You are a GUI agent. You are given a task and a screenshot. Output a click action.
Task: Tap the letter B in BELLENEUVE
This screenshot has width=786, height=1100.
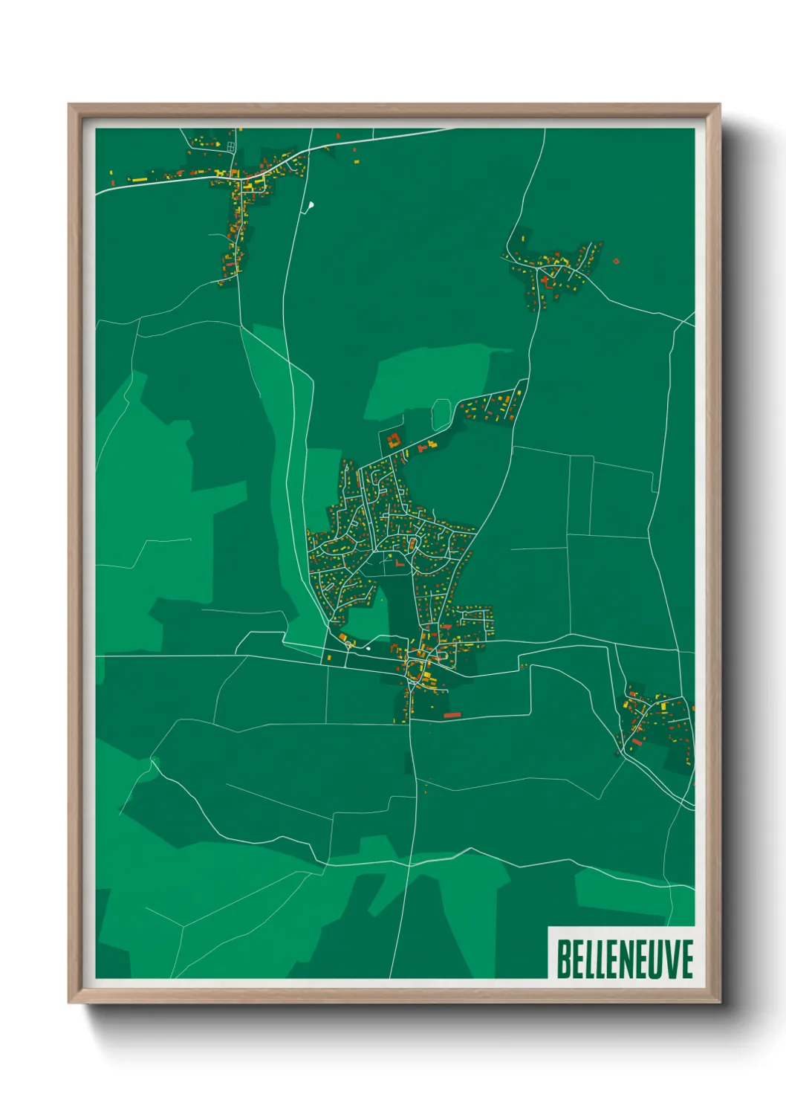563,959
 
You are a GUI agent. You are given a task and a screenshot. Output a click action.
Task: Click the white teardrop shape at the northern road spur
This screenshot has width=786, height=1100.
311,204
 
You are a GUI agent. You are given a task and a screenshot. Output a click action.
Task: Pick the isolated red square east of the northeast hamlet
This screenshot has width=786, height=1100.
616,261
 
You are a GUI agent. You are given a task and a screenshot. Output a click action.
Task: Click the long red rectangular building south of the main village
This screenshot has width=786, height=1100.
452,715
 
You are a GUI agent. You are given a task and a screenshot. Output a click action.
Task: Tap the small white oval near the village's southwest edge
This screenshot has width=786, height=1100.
367,647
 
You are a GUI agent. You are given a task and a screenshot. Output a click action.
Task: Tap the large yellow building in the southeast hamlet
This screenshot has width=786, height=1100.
630,705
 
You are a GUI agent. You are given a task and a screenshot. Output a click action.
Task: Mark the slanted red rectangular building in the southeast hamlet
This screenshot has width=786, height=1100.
636,741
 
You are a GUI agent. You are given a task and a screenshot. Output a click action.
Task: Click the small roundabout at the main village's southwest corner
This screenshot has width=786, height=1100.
348,644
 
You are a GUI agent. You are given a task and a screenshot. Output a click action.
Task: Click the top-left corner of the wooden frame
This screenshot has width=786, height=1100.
69,105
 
